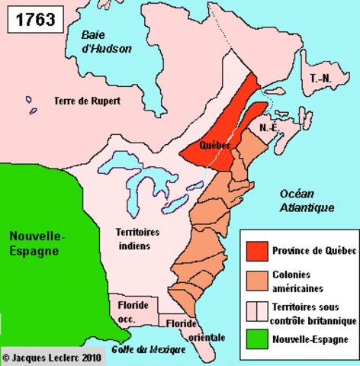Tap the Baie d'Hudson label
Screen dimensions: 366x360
pos(107,42)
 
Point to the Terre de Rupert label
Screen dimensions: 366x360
pos(90,100)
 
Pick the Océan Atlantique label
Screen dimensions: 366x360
pos(307,200)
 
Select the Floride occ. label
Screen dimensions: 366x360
pos(133,310)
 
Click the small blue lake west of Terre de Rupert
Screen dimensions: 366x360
pos(30,100)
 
